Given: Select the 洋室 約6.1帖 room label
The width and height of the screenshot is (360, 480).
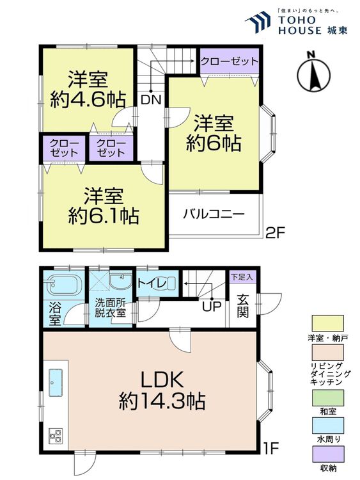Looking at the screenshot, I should [x=104, y=205].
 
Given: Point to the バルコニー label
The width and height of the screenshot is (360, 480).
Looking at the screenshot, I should [x=214, y=214].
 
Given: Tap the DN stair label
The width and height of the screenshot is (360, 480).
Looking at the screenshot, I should [x=150, y=100].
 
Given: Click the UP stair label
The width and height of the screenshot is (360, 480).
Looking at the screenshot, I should [x=211, y=306].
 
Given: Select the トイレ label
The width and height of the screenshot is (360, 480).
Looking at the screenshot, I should [x=155, y=283].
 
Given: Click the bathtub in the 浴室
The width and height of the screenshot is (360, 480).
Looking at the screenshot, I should [x=62, y=284].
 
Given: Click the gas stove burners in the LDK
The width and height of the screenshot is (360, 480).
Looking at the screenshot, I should [x=54, y=436].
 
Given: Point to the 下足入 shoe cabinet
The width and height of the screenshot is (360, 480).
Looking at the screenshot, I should [x=242, y=278].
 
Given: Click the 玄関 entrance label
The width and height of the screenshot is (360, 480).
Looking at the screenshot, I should [x=242, y=305].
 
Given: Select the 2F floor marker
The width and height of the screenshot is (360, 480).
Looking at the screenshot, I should [x=274, y=234].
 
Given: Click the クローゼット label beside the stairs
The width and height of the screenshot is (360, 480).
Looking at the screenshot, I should [x=229, y=61].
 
